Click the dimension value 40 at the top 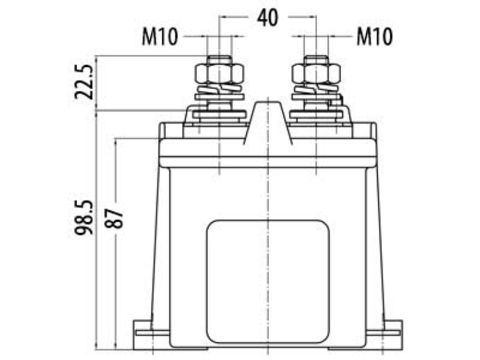click(x=268, y=17)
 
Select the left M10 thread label click(x=160, y=37)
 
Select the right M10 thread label click(x=374, y=37)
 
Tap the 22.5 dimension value click(x=84, y=82)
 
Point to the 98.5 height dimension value click(x=84, y=217)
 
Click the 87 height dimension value click(x=114, y=218)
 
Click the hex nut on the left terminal click(x=219, y=74)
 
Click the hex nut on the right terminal click(x=316, y=74)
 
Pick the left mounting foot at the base click(x=151, y=335)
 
